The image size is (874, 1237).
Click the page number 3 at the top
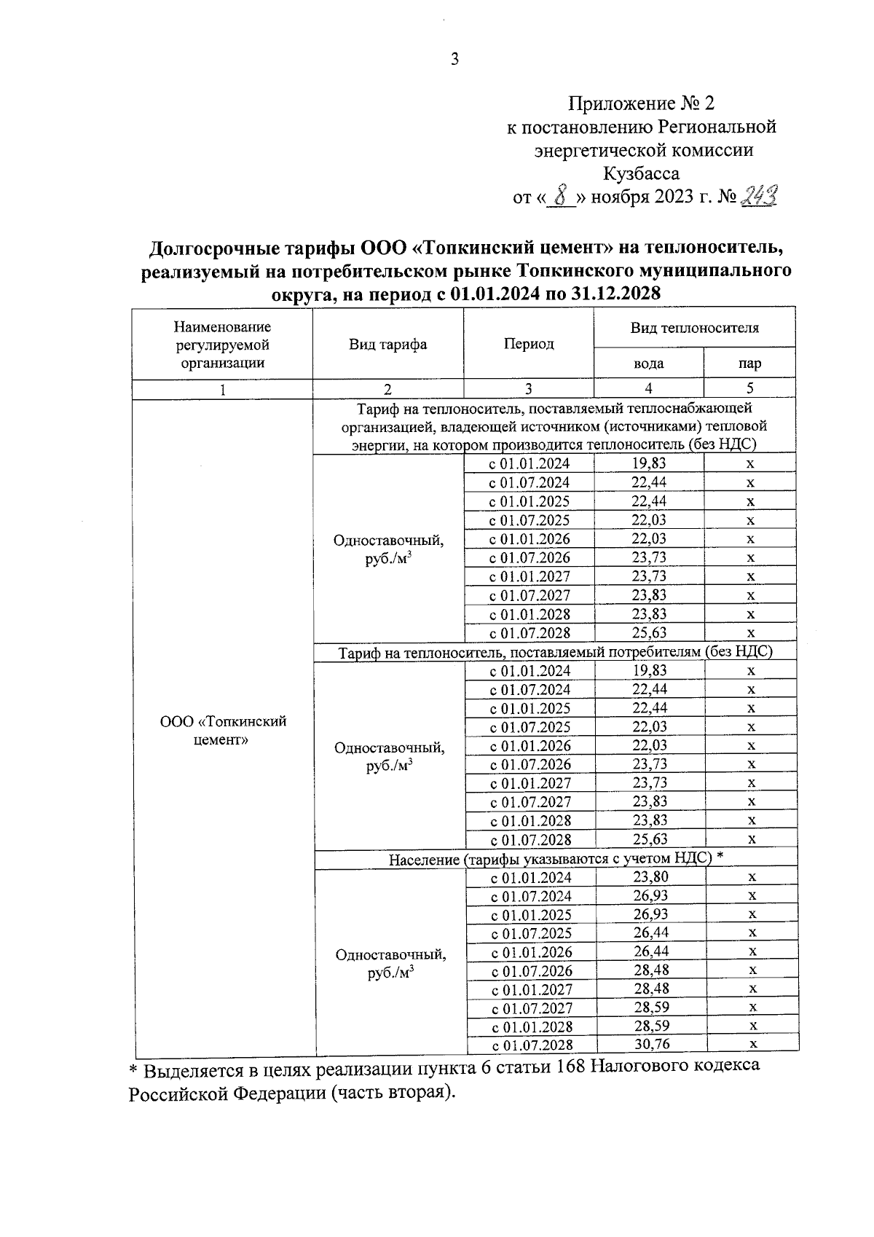point(454,60)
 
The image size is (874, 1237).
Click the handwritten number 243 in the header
point(757,195)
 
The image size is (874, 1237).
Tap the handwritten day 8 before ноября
point(559,197)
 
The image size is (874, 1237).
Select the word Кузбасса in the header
point(641,173)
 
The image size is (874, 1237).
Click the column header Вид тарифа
point(387,345)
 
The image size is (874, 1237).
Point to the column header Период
point(529,344)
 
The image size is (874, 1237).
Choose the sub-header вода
point(648,364)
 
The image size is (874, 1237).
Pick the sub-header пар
point(749,364)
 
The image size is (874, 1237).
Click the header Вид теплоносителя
point(694,328)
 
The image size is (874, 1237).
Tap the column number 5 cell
point(749,388)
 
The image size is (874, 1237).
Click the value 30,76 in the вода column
point(651,1044)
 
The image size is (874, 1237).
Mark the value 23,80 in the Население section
point(651,877)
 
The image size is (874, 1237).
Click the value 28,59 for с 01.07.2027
point(651,1007)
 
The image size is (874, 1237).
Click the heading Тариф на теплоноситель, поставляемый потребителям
point(555,653)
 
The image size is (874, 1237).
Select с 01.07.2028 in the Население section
point(532,1045)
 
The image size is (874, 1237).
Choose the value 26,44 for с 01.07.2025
point(651,932)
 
